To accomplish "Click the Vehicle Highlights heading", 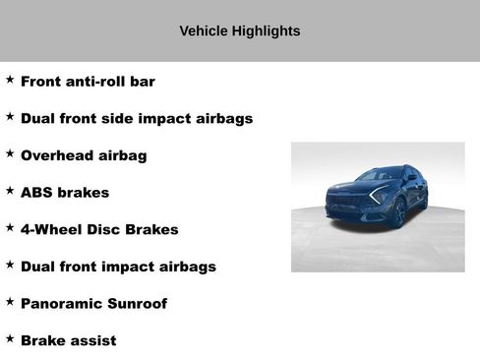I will [240, 30].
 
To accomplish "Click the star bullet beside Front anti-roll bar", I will [10, 79].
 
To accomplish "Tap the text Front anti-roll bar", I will [88, 82].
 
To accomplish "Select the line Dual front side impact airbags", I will [137, 118].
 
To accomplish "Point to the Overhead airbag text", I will [84, 155].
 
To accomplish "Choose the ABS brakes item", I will [65, 193].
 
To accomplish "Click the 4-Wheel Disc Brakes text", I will [99, 229].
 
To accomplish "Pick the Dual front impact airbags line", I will [118, 267].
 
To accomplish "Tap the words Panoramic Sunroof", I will [93, 304].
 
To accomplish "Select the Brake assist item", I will [68, 340].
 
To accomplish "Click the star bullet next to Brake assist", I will [10, 337].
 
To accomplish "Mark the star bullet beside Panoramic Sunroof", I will [10, 301].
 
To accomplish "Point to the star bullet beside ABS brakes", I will [10, 190].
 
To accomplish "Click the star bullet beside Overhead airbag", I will [10, 152].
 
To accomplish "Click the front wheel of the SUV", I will [397, 214].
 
